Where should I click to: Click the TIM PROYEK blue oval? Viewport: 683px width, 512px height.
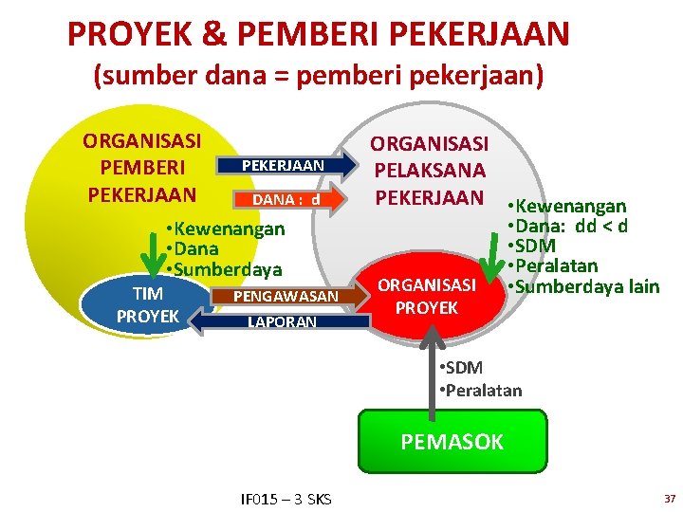pos(147,303)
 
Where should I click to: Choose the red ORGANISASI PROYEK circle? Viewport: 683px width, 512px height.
pos(427,297)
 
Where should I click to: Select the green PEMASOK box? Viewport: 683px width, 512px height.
pos(452,441)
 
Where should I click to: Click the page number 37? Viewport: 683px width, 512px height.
pos(669,498)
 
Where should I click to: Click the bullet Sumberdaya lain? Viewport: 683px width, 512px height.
pos(583,286)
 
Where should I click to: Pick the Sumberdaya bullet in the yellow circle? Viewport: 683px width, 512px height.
pos(223,269)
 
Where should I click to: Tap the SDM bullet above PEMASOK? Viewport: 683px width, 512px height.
pos(463,368)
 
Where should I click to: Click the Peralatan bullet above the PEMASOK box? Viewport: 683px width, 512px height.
pos(481,390)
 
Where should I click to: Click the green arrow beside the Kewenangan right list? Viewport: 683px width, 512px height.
pos(493,258)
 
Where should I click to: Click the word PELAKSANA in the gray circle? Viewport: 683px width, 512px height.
pos(429,171)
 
